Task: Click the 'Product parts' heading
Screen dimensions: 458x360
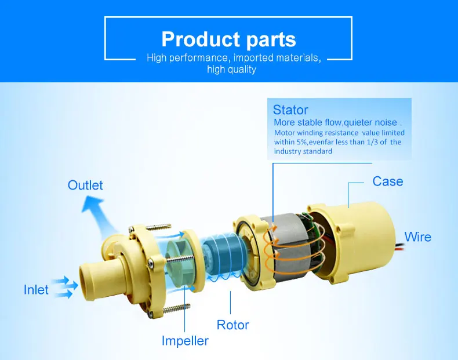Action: tap(228, 39)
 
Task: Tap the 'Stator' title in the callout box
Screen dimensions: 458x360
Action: tap(290, 110)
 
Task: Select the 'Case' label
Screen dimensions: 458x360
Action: tap(388, 181)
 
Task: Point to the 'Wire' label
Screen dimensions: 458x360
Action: tap(417, 237)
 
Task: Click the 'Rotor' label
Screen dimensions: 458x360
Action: tap(233, 325)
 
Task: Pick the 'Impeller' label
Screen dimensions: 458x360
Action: tap(185, 341)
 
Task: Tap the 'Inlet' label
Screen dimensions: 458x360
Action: tap(36, 290)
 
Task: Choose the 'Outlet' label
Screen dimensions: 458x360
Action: tap(85, 185)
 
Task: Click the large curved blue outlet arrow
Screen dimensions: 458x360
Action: tap(96, 214)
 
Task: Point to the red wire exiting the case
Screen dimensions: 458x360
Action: tap(401, 248)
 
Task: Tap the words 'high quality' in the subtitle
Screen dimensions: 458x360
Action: tap(232, 70)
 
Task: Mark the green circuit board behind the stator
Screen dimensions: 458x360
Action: tap(310, 225)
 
